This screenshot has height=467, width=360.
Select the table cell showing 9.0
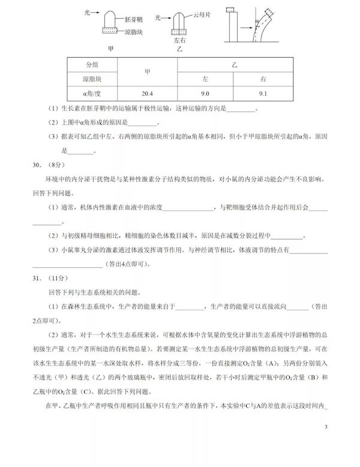pyautogui.click(x=205, y=93)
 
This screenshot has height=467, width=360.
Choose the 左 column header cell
pyautogui.click(x=205, y=79)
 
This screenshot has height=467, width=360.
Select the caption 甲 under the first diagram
pyautogui.click(x=109, y=48)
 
